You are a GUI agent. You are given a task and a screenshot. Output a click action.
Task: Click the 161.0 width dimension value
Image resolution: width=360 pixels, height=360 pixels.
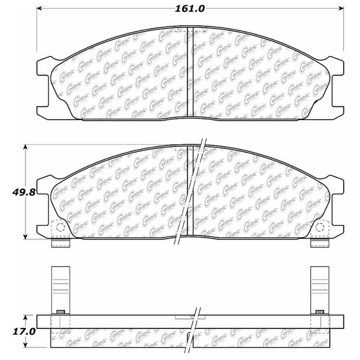(190, 9)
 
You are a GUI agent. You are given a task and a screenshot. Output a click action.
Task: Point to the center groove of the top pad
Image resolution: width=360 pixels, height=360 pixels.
(190, 72)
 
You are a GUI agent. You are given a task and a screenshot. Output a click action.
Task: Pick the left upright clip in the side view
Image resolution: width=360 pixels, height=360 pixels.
(60, 288)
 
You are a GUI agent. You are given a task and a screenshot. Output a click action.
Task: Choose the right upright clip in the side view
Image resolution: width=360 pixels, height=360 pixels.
(320, 288)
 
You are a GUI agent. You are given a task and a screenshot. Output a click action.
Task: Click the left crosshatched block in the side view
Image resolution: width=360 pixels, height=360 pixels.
(60, 312)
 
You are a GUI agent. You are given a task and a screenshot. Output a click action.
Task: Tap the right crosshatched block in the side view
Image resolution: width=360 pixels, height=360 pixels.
(319, 312)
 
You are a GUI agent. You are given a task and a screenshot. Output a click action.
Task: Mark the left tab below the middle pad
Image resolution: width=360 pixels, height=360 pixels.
(60, 243)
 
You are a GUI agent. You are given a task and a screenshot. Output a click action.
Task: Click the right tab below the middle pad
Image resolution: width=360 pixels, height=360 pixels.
(320, 243)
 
